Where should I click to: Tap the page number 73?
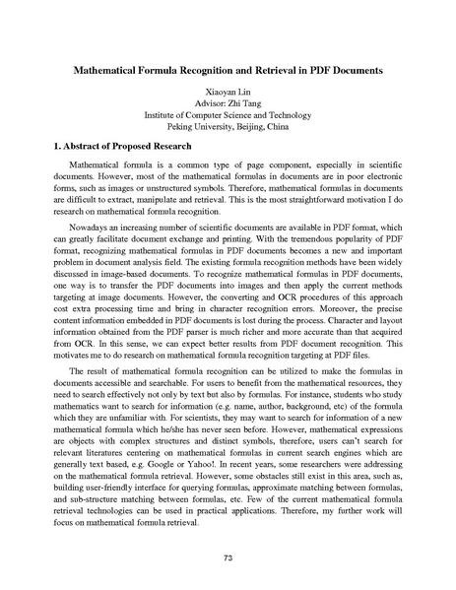coord(228,557)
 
